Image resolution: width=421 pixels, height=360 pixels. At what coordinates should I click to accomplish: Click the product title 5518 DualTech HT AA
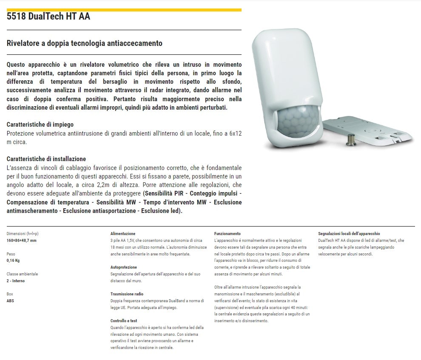(48, 17)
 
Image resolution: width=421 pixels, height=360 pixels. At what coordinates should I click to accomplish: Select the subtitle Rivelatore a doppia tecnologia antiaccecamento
(85, 43)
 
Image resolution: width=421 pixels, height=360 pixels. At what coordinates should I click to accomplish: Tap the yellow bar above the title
(124, 9)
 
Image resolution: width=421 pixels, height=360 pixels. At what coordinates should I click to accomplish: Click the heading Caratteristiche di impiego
(40, 125)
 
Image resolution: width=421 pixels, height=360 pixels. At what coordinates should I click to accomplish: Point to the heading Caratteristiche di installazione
(46, 159)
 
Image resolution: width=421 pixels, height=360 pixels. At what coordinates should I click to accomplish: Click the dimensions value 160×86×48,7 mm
(22, 241)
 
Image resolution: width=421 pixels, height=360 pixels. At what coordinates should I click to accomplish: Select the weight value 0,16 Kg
(13, 261)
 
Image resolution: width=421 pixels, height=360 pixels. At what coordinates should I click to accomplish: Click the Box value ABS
(10, 301)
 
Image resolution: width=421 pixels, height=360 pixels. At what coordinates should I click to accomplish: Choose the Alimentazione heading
(122, 234)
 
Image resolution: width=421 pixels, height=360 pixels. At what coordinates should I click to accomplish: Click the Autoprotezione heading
(123, 267)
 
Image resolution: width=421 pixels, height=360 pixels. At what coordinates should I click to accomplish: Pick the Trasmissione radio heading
(127, 294)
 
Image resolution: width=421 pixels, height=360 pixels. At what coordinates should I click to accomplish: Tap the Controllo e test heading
(124, 321)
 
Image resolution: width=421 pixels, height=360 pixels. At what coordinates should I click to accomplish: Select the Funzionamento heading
(227, 234)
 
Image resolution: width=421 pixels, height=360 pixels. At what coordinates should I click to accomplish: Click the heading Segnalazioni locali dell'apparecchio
(349, 234)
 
